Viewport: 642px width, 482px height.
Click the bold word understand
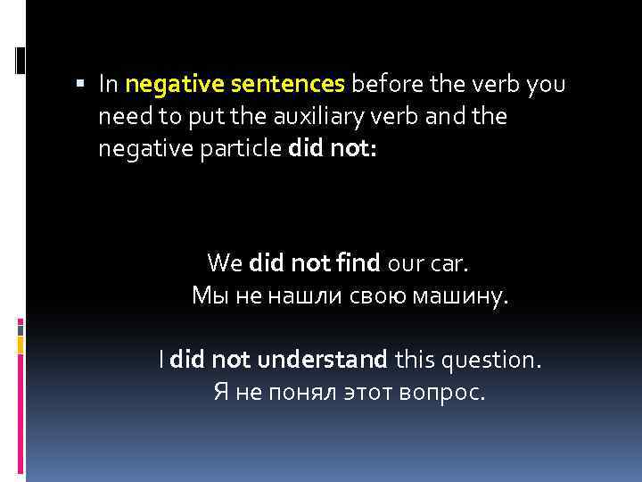(x=322, y=360)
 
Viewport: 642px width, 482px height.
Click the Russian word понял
(x=293, y=393)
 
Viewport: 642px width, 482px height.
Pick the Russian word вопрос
(x=440, y=393)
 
